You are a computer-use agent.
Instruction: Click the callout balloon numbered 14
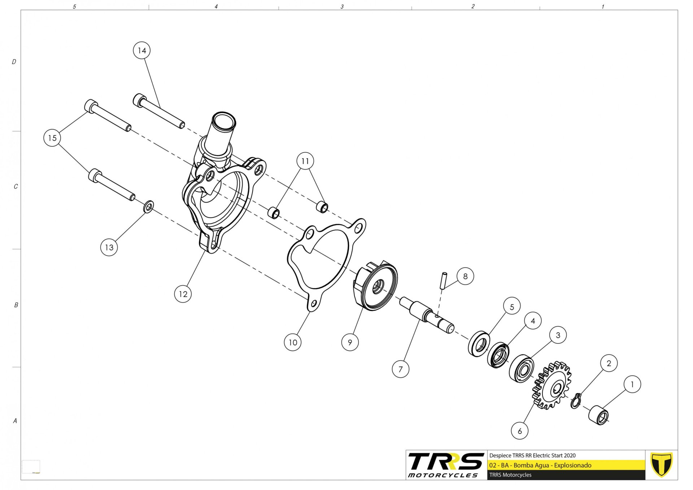point(142,51)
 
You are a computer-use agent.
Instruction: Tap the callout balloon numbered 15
point(52,138)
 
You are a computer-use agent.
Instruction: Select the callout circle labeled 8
point(465,276)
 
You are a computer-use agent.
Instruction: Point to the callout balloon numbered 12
point(183,294)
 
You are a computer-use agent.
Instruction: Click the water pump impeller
point(375,285)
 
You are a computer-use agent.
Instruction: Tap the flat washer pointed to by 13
point(148,207)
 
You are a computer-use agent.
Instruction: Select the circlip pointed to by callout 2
point(576,401)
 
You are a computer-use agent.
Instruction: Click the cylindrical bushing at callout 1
point(599,416)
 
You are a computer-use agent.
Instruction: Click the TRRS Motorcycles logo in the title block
point(446,465)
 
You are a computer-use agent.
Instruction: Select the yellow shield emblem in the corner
point(661,465)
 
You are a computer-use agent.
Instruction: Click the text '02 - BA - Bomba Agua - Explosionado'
point(540,465)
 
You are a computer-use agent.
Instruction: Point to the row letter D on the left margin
point(14,62)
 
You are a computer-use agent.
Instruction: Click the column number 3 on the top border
point(342,6)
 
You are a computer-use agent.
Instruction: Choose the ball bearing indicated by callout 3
point(522,369)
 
